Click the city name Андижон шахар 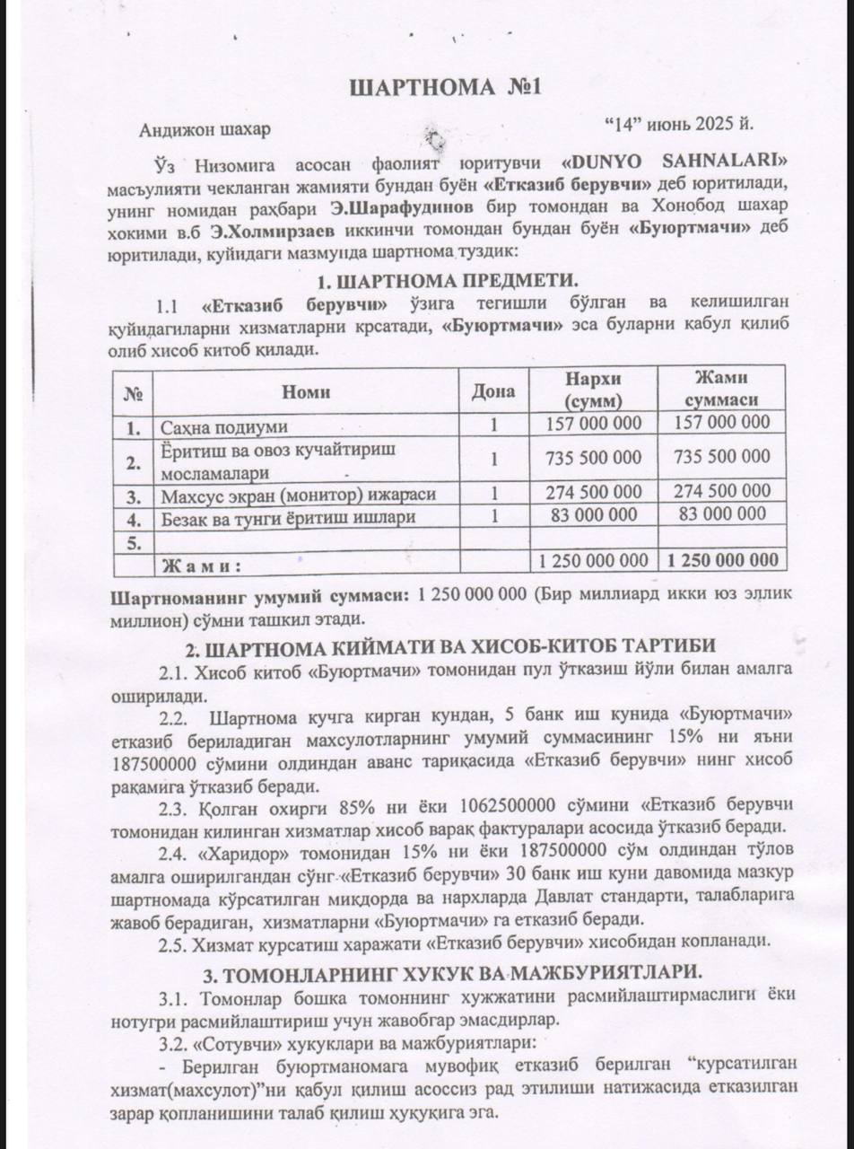pyautogui.click(x=205, y=129)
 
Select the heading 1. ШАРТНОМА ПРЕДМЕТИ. pyautogui.click(x=447, y=279)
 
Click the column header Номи pyautogui.click(x=306, y=390)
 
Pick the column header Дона pyautogui.click(x=493, y=390)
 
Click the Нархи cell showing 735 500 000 pyautogui.click(x=594, y=458)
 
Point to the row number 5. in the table pyautogui.click(x=134, y=541)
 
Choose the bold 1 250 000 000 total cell pyautogui.click(x=722, y=560)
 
